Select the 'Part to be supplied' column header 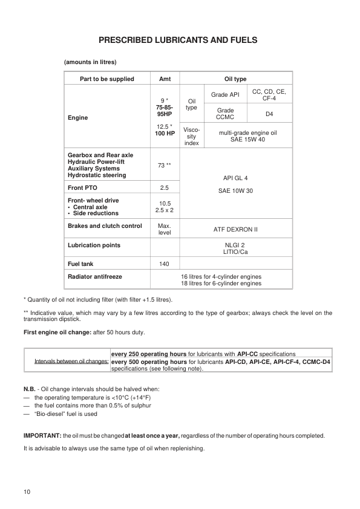click(x=107, y=79)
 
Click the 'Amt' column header click(x=165, y=79)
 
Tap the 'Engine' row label click(x=78, y=118)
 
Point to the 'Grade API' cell click(x=225, y=95)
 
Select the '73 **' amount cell click(x=165, y=164)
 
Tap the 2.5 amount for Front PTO click(x=165, y=187)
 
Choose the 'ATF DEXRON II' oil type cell click(x=236, y=230)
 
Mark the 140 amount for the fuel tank click(x=165, y=264)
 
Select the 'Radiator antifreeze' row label click(x=95, y=276)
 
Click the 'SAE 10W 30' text click(x=236, y=190)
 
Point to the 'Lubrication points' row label click(x=94, y=245)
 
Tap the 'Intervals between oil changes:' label click(x=71, y=361)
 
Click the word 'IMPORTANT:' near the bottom click(x=41, y=435)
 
